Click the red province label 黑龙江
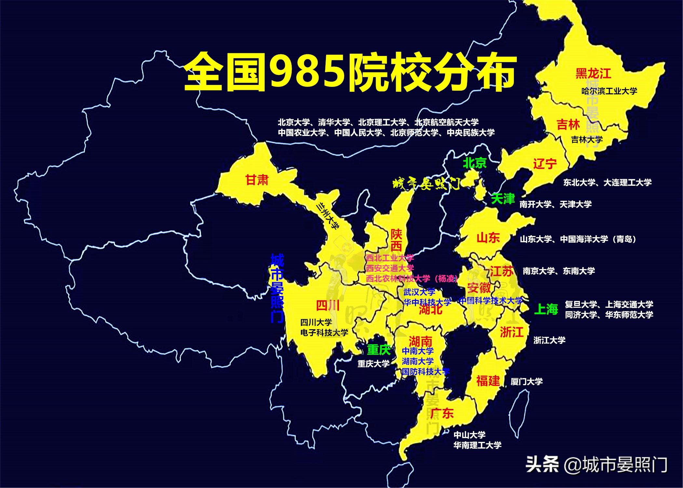(593, 74)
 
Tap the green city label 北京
(475, 163)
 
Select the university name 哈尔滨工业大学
(609, 91)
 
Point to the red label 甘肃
(257, 180)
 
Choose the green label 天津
(503, 198)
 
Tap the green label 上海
(546, 309)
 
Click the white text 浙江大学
(549, 340)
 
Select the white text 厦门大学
(527, 382)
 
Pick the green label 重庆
(379, 350)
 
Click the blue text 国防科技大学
(425, 372)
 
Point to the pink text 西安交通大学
(390, 268)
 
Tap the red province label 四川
(328, 306)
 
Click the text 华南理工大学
(477, 445)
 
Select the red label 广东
(442, 413)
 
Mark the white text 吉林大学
(587, 140)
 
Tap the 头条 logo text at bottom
(542, 465)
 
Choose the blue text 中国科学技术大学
(490, 301)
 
